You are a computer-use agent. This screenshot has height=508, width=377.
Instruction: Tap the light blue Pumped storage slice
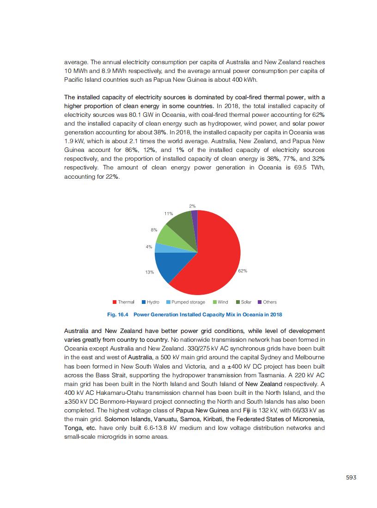158,248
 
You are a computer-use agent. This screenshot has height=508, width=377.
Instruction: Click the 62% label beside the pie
243,271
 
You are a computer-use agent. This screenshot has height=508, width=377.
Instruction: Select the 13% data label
149,272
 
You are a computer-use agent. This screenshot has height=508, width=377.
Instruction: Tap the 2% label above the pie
192,206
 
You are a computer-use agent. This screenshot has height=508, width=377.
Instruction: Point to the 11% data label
168,214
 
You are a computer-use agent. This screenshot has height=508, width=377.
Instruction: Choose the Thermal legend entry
123,302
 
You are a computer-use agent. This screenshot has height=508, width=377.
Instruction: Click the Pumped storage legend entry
185,302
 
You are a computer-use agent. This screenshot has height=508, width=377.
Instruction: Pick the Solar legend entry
243,302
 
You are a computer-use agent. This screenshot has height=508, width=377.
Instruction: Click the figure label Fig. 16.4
118,314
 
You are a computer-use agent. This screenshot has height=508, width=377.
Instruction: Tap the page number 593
351,478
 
